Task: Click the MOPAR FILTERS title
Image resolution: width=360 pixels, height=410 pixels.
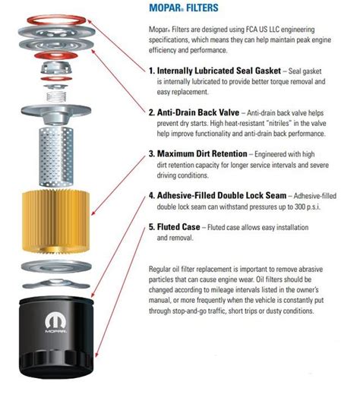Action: point(184,8)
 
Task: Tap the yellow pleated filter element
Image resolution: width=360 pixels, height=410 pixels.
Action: point(56,221)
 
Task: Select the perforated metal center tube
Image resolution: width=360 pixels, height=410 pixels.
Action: point(56,156)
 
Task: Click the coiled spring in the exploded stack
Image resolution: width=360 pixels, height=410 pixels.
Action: point(56,96)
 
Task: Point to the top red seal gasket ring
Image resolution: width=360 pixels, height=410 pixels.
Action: point(56,20)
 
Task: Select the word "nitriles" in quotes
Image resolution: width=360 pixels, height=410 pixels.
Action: point(279,123)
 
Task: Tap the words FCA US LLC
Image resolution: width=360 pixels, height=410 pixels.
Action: point(261,30)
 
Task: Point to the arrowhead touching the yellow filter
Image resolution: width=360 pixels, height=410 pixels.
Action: point(93,213)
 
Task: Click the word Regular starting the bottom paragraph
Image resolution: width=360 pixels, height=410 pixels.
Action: point(159,269)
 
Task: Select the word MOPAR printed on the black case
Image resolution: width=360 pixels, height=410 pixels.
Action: point(55,331)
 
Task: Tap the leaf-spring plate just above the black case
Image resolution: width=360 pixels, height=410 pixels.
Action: point(56,284)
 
